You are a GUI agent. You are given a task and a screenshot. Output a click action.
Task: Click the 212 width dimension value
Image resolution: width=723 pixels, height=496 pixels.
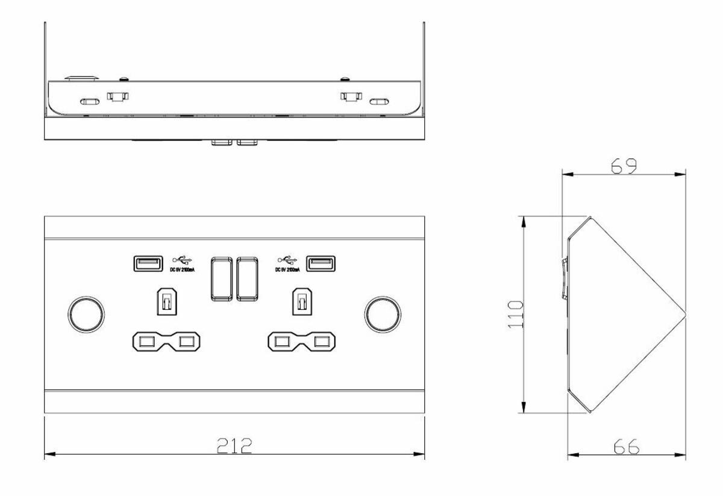(x=234, y=446)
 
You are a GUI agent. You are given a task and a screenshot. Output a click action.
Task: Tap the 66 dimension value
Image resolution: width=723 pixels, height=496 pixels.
(x=626, y=447)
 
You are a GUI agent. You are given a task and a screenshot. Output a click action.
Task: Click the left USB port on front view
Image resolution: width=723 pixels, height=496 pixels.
(x=147, y=263)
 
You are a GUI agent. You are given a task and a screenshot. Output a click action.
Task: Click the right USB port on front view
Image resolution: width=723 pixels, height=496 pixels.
(x=321, y=263)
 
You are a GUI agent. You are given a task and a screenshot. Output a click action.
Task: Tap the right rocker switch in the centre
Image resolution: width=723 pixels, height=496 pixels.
(x=248, y=278)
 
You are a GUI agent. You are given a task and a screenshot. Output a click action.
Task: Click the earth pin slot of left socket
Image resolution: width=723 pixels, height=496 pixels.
(x=166, y=301)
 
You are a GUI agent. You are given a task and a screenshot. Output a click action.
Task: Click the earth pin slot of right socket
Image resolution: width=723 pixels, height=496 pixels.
(x=302, y=301)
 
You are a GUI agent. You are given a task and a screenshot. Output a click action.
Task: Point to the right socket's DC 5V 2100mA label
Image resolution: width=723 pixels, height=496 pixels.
(x=289, y=270)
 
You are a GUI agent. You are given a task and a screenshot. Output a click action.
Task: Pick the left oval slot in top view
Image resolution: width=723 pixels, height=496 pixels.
(x=89, y=101)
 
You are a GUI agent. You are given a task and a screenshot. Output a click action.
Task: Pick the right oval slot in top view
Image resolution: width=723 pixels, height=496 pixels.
(x=379, y=101)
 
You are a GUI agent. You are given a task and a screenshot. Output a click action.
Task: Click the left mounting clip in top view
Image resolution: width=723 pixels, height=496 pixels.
(x=117, y=96)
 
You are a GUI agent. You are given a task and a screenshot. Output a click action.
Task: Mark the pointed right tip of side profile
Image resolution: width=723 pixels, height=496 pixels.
(x=685, y=313)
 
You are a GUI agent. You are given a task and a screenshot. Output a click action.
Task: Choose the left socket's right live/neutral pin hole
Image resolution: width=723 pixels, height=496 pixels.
(x=187, y=342)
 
